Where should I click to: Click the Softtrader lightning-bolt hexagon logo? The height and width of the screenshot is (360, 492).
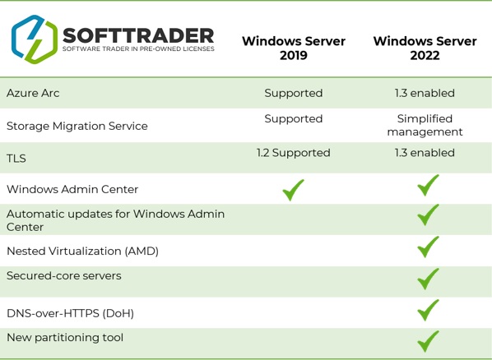(x=35, y=39)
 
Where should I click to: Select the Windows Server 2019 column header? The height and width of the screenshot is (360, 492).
(x=293, y=48)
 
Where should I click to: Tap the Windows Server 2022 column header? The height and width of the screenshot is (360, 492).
(x=425, y=48)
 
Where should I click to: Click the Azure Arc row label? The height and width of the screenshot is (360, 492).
(x=33, y=93)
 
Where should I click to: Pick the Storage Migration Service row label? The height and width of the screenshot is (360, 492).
(x=77, y=126)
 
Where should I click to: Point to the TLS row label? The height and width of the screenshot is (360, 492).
(x=16, y=158)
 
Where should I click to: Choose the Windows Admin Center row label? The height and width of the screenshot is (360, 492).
(x=72, y=189)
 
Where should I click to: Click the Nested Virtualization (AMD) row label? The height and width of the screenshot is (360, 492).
(x=82, y=251)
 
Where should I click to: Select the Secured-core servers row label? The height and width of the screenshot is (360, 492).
(x=64, y=275)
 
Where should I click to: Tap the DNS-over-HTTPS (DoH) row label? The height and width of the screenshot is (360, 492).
(x=70, y=313)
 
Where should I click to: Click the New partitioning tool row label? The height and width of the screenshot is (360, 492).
(x=65, y=337)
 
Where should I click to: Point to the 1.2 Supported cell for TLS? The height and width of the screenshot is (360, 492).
(x=293, y=153)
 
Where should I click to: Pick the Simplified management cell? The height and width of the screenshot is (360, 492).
(x=425, y=125)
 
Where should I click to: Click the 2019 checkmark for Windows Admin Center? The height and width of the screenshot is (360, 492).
(x=293, y=190)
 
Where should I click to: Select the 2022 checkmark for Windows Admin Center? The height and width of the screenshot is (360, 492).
(x=427, y=186)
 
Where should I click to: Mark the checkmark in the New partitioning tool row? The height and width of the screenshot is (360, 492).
(x=427, y=339)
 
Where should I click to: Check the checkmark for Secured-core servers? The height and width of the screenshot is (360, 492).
(x=427, y=279)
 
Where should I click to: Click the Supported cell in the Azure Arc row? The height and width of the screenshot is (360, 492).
(x=293, y=93)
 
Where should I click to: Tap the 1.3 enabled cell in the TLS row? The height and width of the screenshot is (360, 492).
(x=425, y=153)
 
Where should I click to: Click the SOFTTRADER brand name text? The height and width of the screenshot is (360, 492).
(x=138, y=35)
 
